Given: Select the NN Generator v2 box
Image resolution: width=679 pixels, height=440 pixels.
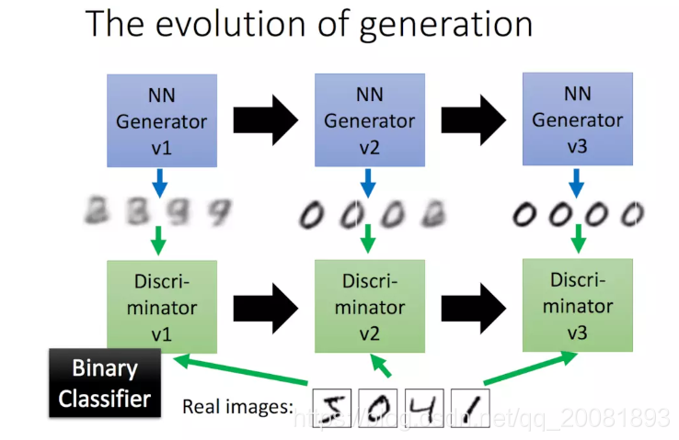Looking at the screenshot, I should (368, 120).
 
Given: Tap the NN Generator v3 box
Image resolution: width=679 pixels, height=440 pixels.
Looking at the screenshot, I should (577, 120).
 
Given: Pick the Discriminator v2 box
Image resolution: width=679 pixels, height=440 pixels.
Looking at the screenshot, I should (369, 305).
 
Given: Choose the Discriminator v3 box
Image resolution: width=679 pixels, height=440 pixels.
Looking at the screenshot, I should (577, 304).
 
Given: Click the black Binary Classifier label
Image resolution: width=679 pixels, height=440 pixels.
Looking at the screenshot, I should (104, 385).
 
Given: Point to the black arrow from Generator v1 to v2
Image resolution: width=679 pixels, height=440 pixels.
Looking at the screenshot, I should (266, 119).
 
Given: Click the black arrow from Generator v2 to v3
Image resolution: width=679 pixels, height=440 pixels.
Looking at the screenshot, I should (473, 119).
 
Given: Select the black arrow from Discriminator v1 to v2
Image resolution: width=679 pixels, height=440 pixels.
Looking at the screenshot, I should (266, 305).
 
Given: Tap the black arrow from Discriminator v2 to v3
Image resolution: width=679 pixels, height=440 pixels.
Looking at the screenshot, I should (473, 305).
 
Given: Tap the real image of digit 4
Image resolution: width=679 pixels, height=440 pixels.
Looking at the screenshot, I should (422, 404).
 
